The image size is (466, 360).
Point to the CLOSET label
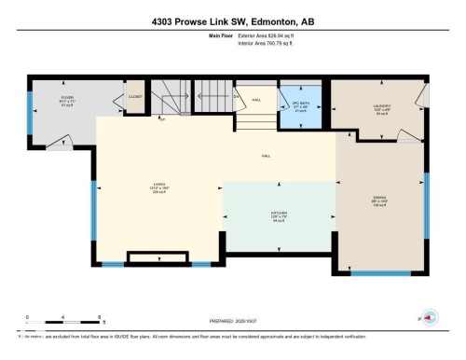pyautogui.click(x=135, y=95)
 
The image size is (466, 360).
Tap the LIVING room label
pyautogui.click(x=159, y=185)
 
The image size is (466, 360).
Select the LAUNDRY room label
pyautogui.click(x=379, y=107)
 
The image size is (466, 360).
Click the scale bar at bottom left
pyautogui.click(x=47, y=320)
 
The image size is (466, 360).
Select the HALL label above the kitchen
pyautogui.click(x=266, y=156)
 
